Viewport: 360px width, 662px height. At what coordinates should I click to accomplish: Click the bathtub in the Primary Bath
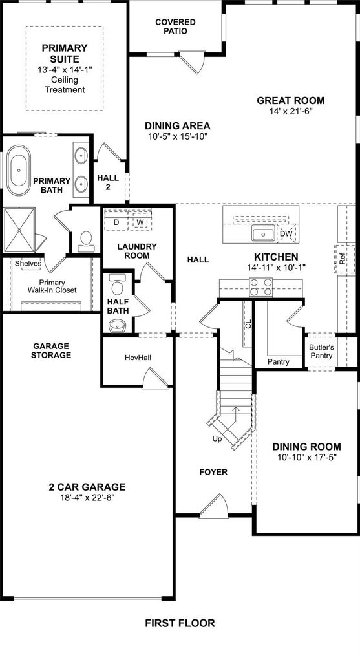coord(19,170)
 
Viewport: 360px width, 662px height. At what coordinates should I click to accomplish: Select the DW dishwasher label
coord(286,233)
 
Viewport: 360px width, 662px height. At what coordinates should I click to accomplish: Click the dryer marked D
coord(116,222)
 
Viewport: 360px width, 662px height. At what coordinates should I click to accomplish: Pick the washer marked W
coord(140,222)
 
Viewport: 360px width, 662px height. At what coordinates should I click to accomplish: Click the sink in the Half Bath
coord(117,326)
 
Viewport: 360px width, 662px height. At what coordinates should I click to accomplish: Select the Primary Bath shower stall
coord(19,230)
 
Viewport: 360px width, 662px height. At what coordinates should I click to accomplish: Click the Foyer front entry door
coord(214,506)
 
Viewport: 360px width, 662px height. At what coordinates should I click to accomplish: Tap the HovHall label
coord(138,358)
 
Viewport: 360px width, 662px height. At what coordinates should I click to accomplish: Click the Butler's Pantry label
coord(321,352)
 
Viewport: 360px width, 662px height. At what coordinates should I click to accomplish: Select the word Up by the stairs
coord(217,439)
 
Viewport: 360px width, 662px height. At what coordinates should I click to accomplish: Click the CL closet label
coord(248,325)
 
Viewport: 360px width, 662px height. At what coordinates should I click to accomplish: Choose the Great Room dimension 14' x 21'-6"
coord(291,111)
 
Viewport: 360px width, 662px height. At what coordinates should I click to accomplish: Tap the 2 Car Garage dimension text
coord(87,497)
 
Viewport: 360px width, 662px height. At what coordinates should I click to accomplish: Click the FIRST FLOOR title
coord(180,623)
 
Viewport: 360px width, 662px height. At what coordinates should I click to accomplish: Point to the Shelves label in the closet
coord(28,264)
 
